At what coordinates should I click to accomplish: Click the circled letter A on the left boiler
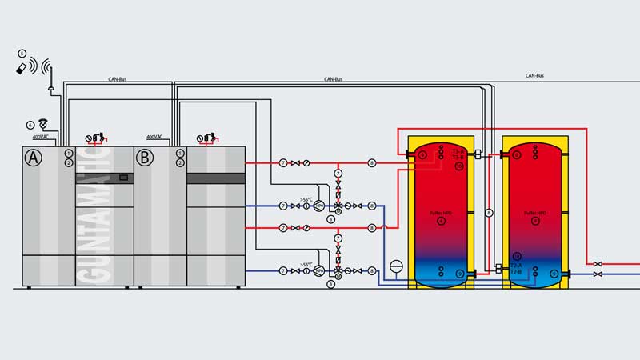coord(33,158)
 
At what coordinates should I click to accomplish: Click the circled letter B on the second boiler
coord(145,158)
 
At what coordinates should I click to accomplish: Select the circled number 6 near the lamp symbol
coord(31,125)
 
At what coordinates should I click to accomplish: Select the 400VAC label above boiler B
coord(154,137)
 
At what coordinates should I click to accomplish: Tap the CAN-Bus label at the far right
coord(535,76)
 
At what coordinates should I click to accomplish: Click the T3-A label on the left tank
coord(458,150)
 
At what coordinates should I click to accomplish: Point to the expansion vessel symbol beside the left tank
coord(398,266)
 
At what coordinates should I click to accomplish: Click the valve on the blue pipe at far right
coord(598,274)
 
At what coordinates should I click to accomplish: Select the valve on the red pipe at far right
coord(598,262)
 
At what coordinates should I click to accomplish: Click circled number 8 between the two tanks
coord(489,211)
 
